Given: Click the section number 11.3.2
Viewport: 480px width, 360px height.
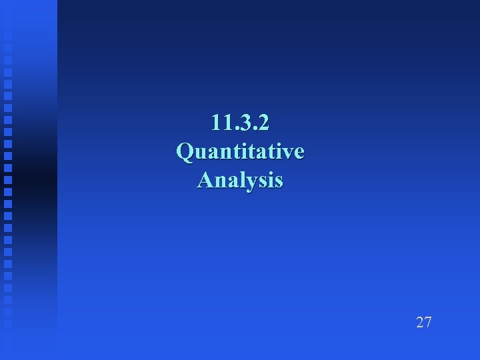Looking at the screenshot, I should pos(240,123).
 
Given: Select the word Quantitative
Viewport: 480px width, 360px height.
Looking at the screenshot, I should pos(240,151).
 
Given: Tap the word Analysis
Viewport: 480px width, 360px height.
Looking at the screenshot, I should pos(240,180).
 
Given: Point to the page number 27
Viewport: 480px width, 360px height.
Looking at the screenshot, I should pos(424,323).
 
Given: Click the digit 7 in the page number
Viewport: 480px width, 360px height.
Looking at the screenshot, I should pos(428,323).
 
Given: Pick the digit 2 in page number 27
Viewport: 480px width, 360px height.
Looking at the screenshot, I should pos(420,323).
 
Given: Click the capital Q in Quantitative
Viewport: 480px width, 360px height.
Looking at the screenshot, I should pos(185,151).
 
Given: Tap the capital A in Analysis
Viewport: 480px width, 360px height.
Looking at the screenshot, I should pos(205,180).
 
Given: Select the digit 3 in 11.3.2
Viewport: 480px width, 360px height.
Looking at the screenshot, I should pos(242,123).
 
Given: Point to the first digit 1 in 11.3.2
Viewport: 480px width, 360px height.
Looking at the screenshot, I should pos(215,123).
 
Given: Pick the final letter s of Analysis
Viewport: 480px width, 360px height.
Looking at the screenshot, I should pos(278,181).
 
